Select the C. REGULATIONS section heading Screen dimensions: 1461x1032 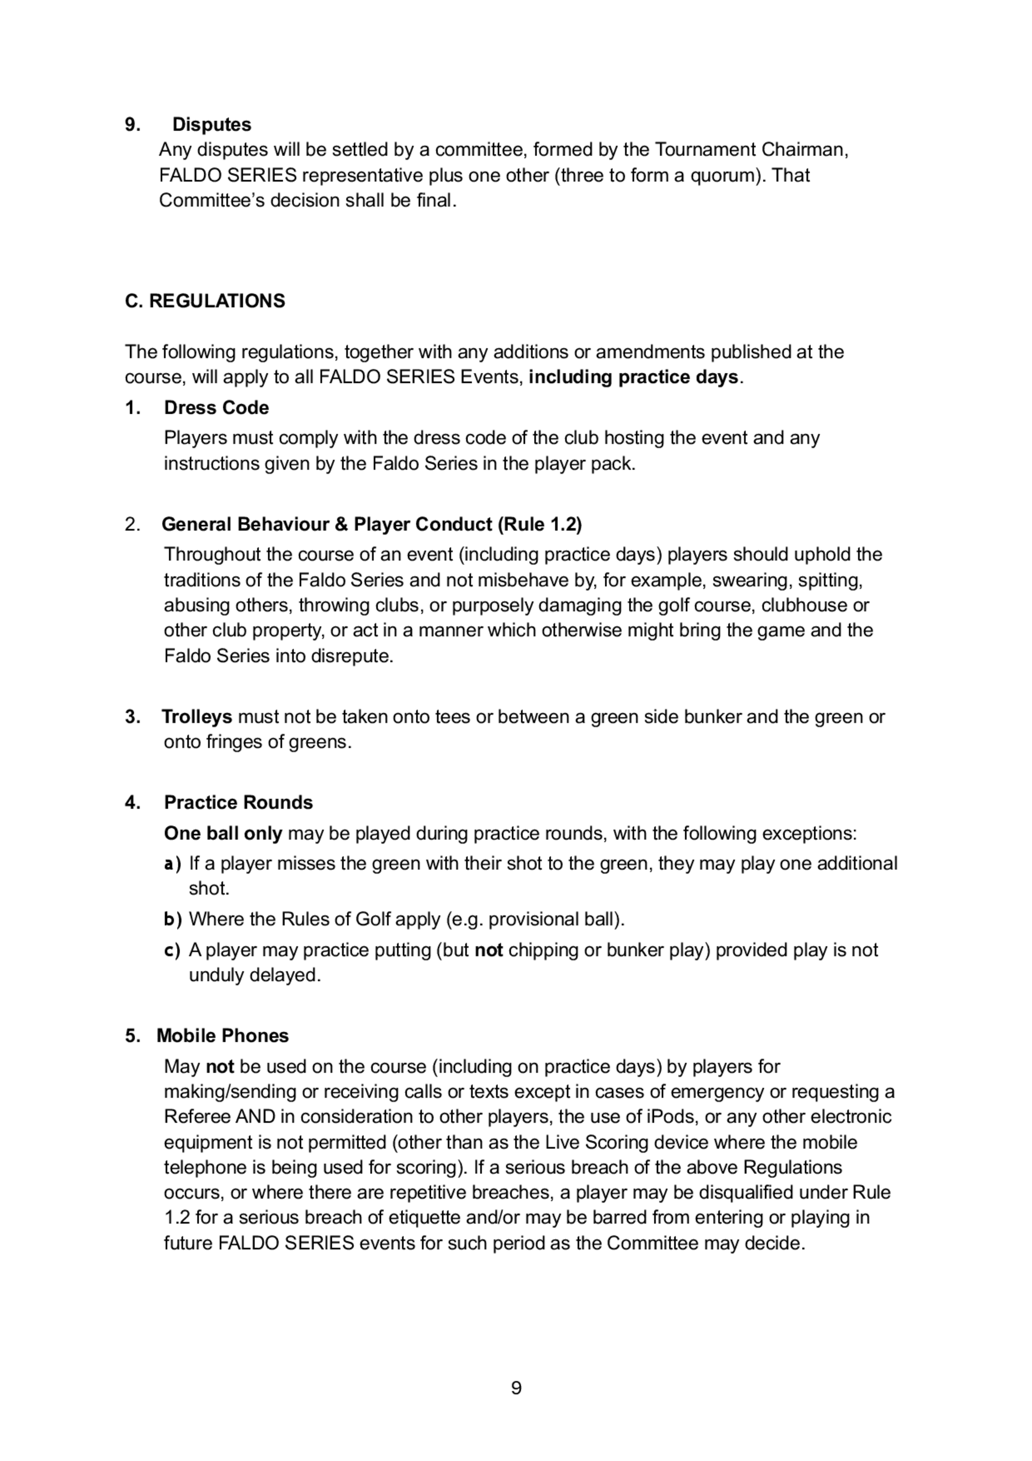[205, 301]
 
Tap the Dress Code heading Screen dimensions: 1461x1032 [216, 407]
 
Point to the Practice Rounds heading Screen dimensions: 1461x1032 [238, 803]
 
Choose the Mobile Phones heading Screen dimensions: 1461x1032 [222, 1035]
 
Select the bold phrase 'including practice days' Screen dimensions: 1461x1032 [633, 378]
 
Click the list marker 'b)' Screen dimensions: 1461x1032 [172, 919]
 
